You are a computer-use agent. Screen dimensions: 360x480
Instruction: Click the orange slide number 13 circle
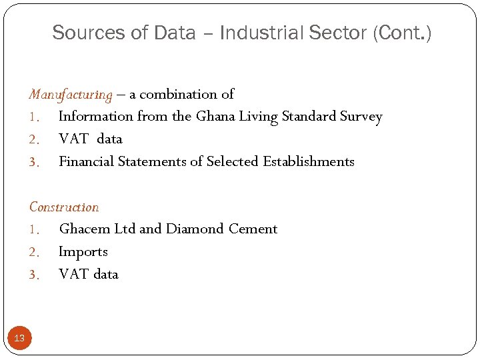pyautogui.click(x=19, y=338)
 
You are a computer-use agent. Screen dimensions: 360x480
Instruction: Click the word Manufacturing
pyautogui.click(x=71, y=95)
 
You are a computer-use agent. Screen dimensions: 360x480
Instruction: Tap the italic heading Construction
pyautogui.click(x=64, y=207)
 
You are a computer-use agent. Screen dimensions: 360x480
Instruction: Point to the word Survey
pyautogui.click(x=361, y=117)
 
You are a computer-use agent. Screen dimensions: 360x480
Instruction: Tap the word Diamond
pyautogui.click(x=195, y=229)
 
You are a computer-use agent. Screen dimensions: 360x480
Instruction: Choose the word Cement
pyautogui.click(x=253, y=229)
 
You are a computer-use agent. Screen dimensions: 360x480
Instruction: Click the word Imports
pyautogui.click(x=83, y=252)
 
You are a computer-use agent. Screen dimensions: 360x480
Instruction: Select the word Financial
pyautogui.click(x=86, y=162)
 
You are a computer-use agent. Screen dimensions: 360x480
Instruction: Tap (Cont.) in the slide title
pyautogui.click(x=403, y=33)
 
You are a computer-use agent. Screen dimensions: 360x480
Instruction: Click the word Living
pyautogui.click(x=255, y=117)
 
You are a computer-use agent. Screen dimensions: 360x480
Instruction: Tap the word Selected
pyautogui.click(x=233, y=162)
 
